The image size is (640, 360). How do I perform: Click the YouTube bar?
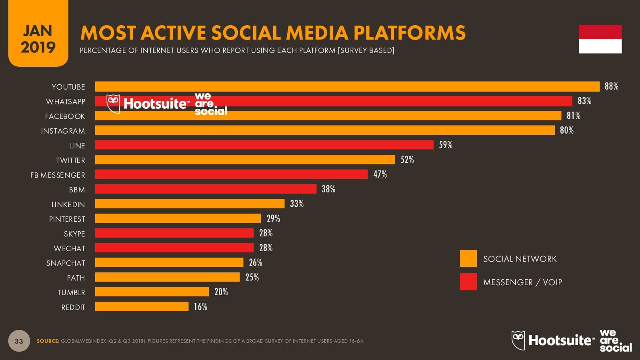[347, 86]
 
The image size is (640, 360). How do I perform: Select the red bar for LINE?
[264, 145]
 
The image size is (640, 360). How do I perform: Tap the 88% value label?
[611, 86]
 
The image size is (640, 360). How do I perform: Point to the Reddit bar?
[142, 307]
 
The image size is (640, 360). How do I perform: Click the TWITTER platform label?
[70, 160]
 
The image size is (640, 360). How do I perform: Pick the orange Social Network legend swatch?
[468, 258]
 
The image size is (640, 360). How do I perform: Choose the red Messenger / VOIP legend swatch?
[468, 282]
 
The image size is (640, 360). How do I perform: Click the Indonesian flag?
[600, 39]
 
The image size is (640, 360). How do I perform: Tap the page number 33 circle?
[19, 341]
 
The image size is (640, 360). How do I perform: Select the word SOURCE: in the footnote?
[48, 341]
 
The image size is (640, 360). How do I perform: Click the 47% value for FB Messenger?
[380, 174]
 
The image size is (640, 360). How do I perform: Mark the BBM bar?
[206, 189]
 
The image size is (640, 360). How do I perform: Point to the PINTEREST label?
[67, 219]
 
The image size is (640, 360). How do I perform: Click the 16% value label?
[200, 307]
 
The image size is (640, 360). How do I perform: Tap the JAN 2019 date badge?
[38, 39]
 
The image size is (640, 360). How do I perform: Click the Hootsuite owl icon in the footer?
[518, 340]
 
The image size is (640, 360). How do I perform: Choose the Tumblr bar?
[152, 292]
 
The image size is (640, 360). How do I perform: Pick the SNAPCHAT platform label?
[66, 263]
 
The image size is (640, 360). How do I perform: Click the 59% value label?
[446, 145]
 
